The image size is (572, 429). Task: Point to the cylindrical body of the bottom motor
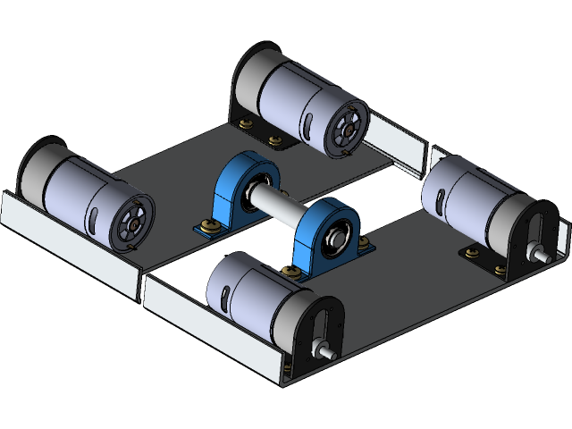click(246, 295)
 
